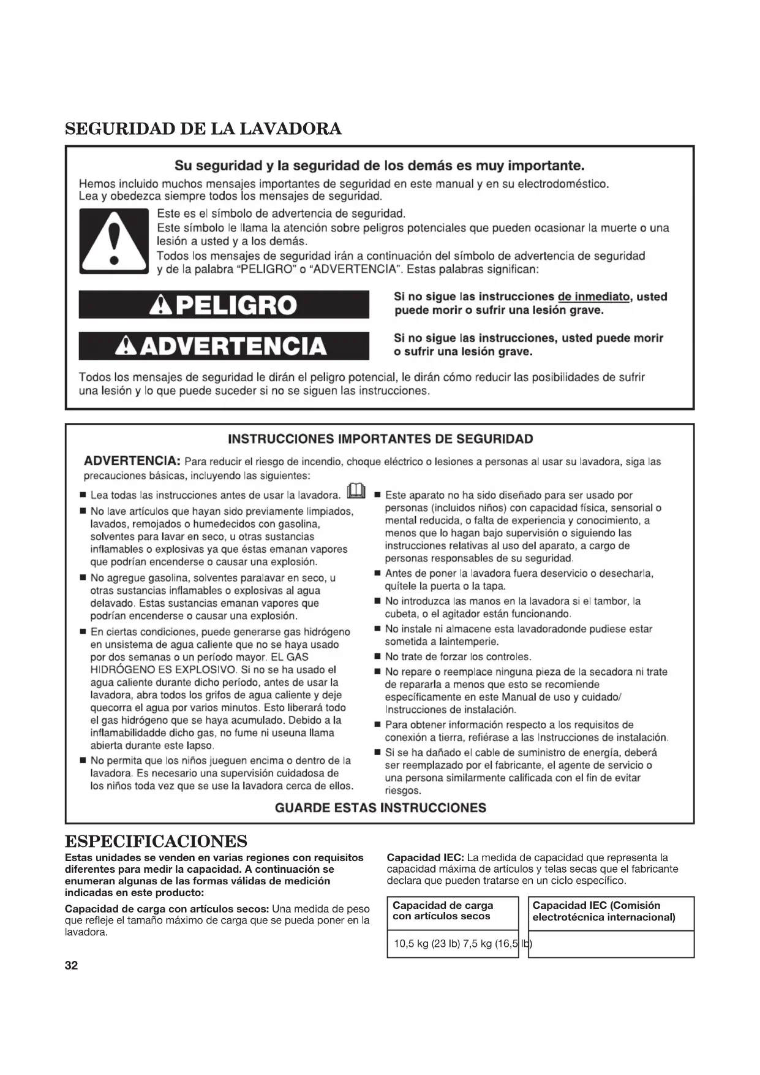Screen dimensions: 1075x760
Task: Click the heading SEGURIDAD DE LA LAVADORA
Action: (203, 129)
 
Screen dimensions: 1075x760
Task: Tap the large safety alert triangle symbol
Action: (113, 240)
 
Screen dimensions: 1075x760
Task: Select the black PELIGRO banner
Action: (224, 305)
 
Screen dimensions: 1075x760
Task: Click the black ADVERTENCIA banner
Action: (224, 346)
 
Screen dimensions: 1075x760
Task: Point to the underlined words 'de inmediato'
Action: (593, 297)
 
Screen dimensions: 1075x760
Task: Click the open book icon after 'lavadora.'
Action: (356, 492)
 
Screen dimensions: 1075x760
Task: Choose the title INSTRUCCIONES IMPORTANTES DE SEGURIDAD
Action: (380, 439)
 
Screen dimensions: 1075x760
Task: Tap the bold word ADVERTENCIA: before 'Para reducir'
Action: (132, 461)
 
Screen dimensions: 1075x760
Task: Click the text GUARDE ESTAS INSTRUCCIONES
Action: (380, 808)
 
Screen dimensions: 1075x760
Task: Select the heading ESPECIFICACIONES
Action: (156, 840)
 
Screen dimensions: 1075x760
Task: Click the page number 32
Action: (71, 966)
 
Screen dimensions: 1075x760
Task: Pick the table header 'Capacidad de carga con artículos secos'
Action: (443, 911)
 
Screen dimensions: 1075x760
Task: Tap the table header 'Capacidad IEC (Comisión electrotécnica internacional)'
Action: (603, 911)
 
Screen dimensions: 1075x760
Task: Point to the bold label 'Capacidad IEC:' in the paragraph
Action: (425, 857)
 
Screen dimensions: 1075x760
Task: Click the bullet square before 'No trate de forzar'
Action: (377, 657)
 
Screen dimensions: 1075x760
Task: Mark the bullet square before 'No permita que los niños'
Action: (83, 761)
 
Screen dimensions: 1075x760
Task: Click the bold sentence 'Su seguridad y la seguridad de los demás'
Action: (379, 165)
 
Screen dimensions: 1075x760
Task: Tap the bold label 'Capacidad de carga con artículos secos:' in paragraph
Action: (167, 908)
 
